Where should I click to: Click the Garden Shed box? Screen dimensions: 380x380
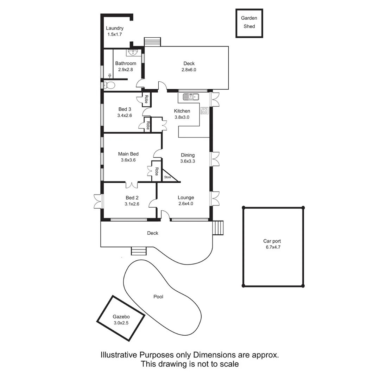coord(249,23)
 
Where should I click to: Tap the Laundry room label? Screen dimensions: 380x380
coord(115,28)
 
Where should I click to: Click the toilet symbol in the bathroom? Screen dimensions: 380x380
coord(109,85)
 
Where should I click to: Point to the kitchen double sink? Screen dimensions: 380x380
coord(191,96)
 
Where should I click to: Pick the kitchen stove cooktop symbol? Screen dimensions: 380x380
coord(204,111)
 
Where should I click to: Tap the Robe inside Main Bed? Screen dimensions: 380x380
coord(156,171)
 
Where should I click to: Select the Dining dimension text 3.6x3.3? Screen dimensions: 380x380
coord(188,161)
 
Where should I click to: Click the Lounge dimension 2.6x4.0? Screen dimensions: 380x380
coord(185,203)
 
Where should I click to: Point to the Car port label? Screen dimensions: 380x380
coord(272,241)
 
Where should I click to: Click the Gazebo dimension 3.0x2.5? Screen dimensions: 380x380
coord(121,323)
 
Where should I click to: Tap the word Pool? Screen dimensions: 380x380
coord(158,297)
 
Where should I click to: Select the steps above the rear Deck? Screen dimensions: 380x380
coord(152,42)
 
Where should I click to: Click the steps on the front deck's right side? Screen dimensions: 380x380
coord(218,228)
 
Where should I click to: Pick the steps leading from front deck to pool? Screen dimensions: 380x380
coord(139,251)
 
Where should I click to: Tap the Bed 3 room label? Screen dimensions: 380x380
coord(125,109)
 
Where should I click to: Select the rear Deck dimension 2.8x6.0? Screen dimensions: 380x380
coord(189,70)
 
